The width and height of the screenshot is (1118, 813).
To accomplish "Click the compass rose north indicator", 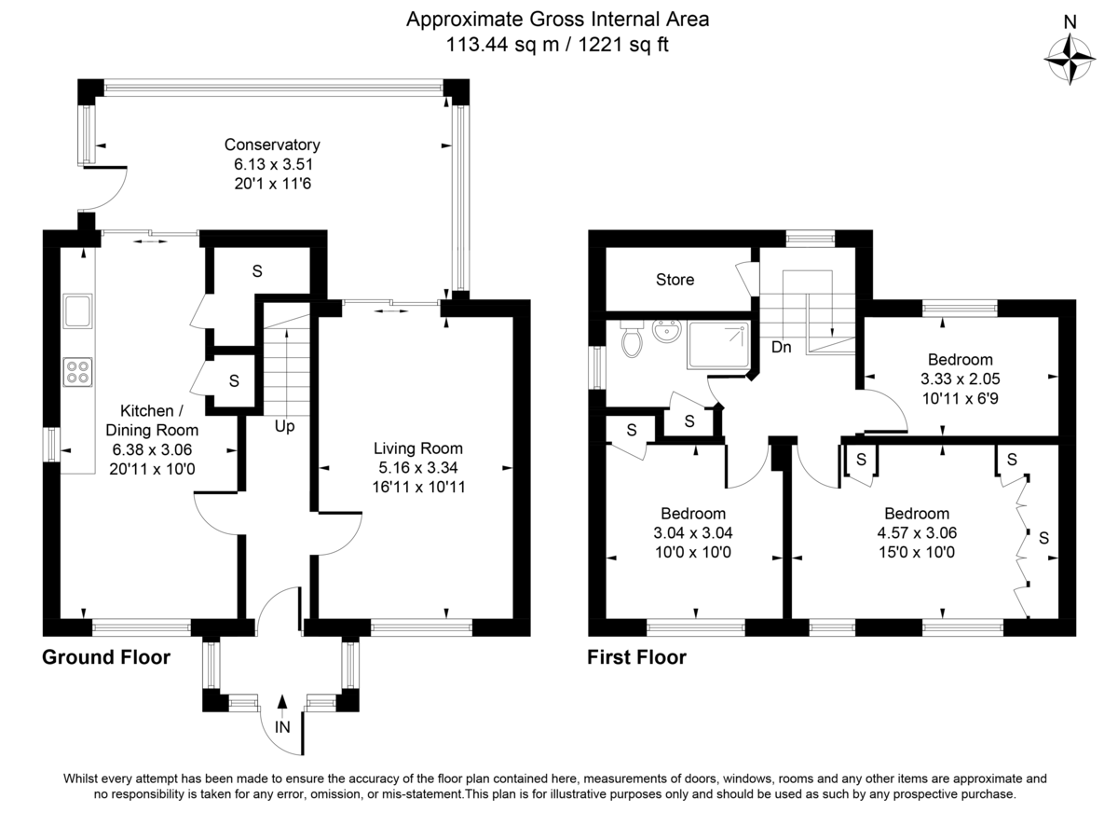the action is (x=1070, y=60).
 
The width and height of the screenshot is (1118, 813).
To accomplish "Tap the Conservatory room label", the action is (x=272, y=145).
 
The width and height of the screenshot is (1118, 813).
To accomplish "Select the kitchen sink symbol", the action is (x=78, y=310).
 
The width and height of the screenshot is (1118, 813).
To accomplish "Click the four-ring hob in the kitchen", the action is (x=78, y=372).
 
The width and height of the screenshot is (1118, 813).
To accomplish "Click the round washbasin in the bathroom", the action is (x=666, y=331).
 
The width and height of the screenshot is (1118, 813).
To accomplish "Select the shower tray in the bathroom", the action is (x=717, y=345).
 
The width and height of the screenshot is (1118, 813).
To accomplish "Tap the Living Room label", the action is (x=418, y=448).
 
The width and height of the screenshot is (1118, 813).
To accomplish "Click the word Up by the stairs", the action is (x=284, y=426).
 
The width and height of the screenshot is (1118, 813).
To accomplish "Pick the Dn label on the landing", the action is (x=781, y=347).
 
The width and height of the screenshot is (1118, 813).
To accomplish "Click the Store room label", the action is (x=675, y=279).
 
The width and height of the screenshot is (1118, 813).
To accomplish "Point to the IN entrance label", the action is (x=282, y=726).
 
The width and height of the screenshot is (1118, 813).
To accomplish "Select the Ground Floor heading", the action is (x=106, y=657).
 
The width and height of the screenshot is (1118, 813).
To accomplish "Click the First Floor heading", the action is (x=637, y=657).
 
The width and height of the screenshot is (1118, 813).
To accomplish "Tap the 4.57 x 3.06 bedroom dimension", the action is (x=917, y=533).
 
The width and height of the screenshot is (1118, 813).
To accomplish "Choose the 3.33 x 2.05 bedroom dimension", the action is (x=961, y=379).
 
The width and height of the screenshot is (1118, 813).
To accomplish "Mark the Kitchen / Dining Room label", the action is (x=152, y=420).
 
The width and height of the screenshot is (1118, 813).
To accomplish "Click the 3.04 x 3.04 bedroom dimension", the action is (x=693, y=533).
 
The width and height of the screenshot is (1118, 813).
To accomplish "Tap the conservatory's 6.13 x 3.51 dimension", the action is (x=274, y=164).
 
